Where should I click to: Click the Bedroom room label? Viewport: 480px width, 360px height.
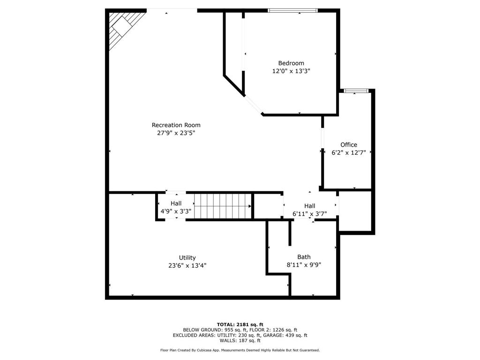click(x=291, y=63)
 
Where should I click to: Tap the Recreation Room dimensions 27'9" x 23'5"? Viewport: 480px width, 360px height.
click(x=176, y=133)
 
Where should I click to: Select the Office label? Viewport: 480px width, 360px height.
click(x=348, y=145)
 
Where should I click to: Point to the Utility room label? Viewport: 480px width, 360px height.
click(x=187, y=258)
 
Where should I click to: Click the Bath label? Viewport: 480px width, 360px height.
click(x=304, y=257)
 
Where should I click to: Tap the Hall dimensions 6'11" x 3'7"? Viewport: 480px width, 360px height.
click(x=309, y=214)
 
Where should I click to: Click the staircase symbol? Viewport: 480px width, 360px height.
click(x=223, y=206)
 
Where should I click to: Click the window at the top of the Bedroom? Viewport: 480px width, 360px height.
click(x=292, y=10)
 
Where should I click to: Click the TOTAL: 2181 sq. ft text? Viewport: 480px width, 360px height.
click(x=240, y=324)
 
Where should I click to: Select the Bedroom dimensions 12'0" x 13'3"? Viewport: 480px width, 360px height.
click(x=291, y=71)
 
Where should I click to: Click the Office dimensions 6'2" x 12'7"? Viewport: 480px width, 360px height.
click(x=348, y=153)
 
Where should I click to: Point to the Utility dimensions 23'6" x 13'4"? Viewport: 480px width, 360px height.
click(x=187, y=266)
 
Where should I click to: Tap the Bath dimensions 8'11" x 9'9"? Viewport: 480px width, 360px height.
click(x=304, y=265)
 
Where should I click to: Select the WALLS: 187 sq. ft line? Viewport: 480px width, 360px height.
click(x=240, y=341)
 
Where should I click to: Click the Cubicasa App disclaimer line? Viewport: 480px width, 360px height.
click(x=240, y=350)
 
